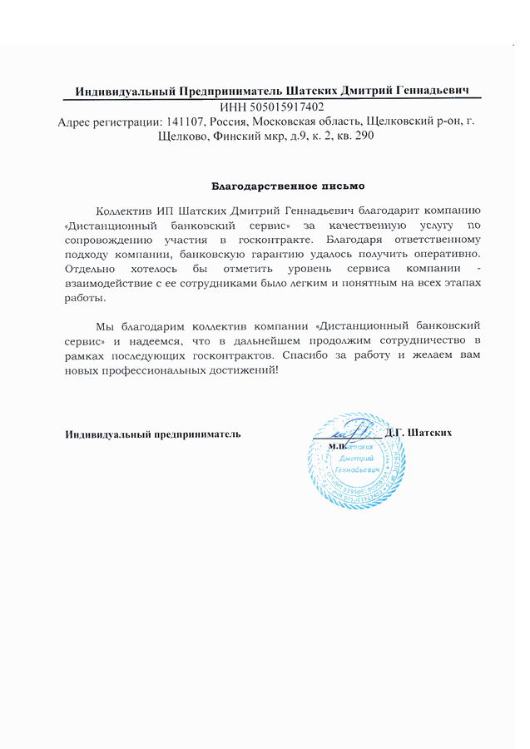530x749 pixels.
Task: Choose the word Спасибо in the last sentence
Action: [304, 355]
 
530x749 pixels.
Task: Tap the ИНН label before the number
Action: [230, 107]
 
